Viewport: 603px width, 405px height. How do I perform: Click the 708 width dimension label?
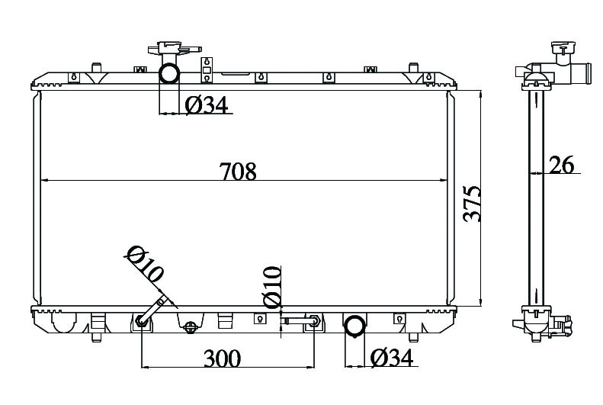(238, 172)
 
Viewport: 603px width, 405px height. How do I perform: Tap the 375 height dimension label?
(472, 204)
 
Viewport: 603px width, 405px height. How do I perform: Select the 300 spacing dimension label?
(223, 358)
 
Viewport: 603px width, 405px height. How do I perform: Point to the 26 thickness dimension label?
(562, 165)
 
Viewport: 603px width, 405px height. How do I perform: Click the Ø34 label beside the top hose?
(207, 105)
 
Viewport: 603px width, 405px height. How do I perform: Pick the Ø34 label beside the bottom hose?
(392, 358)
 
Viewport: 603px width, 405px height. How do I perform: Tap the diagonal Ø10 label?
(145, 264)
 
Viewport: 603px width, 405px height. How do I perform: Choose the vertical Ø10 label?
(271, 287)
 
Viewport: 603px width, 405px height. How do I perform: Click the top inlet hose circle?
(169, 74)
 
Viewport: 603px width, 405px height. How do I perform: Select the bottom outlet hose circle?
(354, 326)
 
